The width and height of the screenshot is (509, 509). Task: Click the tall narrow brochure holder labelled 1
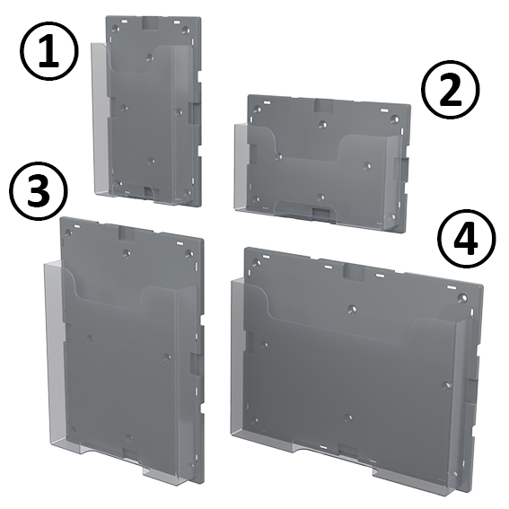(x=148, y=108)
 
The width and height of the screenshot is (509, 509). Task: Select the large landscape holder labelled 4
(x=355, y=368)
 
